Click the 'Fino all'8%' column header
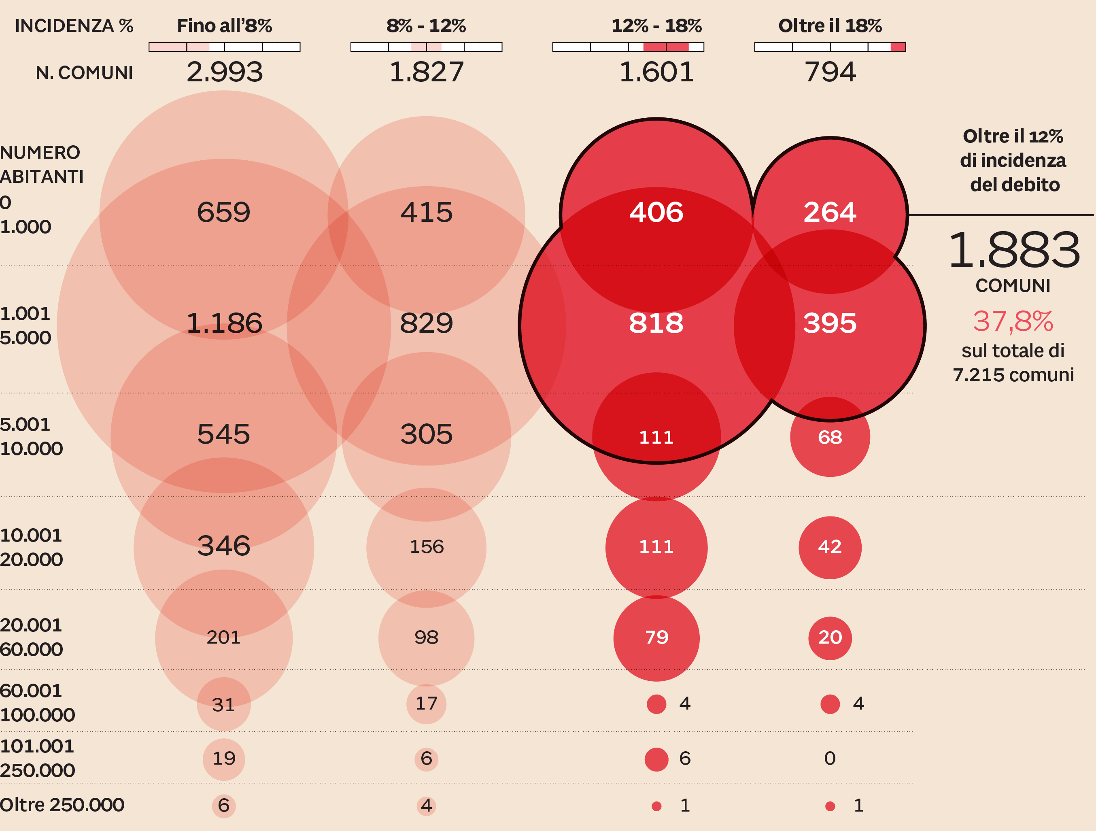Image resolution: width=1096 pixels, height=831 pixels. click(x=225, y=26)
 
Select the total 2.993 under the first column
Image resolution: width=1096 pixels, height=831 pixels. click(x=225, y=72)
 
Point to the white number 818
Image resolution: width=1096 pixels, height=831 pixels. click(x=656, y=323)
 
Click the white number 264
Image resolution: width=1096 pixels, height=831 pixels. click(x=830, y=212)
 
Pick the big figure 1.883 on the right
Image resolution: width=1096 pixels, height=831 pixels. click(x=1014, y=250)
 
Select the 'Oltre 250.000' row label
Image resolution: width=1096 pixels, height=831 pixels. click(x=62, y=805)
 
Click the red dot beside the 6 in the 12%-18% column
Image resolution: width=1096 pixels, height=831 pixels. click(x=656, y=759)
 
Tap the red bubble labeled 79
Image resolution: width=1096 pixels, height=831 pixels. click(x=656, y=638)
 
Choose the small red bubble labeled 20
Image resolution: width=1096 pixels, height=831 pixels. click(x=830, y=638)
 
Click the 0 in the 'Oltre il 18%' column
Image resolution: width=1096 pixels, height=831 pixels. click(x=830, y=759)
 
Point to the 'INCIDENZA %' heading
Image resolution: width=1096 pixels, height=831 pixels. click(x=74, y=26)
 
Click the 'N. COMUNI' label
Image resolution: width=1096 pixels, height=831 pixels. click(x=84, y=73)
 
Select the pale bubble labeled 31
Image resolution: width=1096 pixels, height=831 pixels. click(x=223, y=704)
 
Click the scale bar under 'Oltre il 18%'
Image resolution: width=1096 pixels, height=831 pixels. click(x=830, y=47)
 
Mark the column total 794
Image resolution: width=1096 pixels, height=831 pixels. click(x=830, y=72)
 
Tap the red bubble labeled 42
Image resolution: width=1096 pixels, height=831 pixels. click(x=830, y=547)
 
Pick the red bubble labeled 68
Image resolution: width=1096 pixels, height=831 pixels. click(x=830, y=437)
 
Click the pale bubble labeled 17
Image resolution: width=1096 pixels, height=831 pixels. click(x=426, y=703)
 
